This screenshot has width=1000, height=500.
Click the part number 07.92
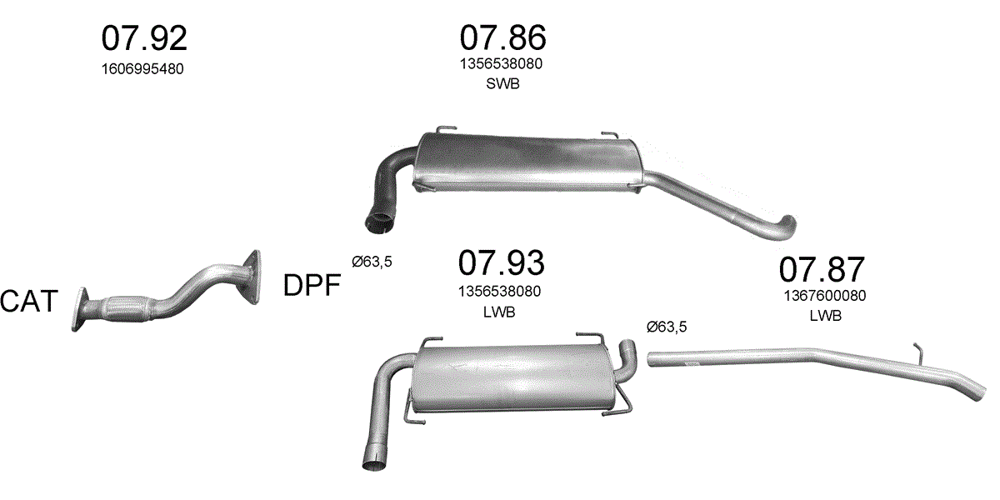[x=144, y=38]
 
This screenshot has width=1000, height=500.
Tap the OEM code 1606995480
[x=142, y=69]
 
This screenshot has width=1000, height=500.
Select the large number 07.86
[x=502, y=37]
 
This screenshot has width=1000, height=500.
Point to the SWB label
[x=502, y=84]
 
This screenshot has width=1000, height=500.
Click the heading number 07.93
[x=502, y=263]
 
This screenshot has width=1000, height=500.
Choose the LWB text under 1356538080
[x=499, y=312]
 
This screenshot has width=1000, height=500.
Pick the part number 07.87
[x=822, y=269]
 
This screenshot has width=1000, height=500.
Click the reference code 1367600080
[x=825, y=296]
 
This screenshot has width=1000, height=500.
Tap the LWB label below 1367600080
[x=826, y=316]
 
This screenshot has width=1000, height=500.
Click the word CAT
[x=29, y=301]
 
